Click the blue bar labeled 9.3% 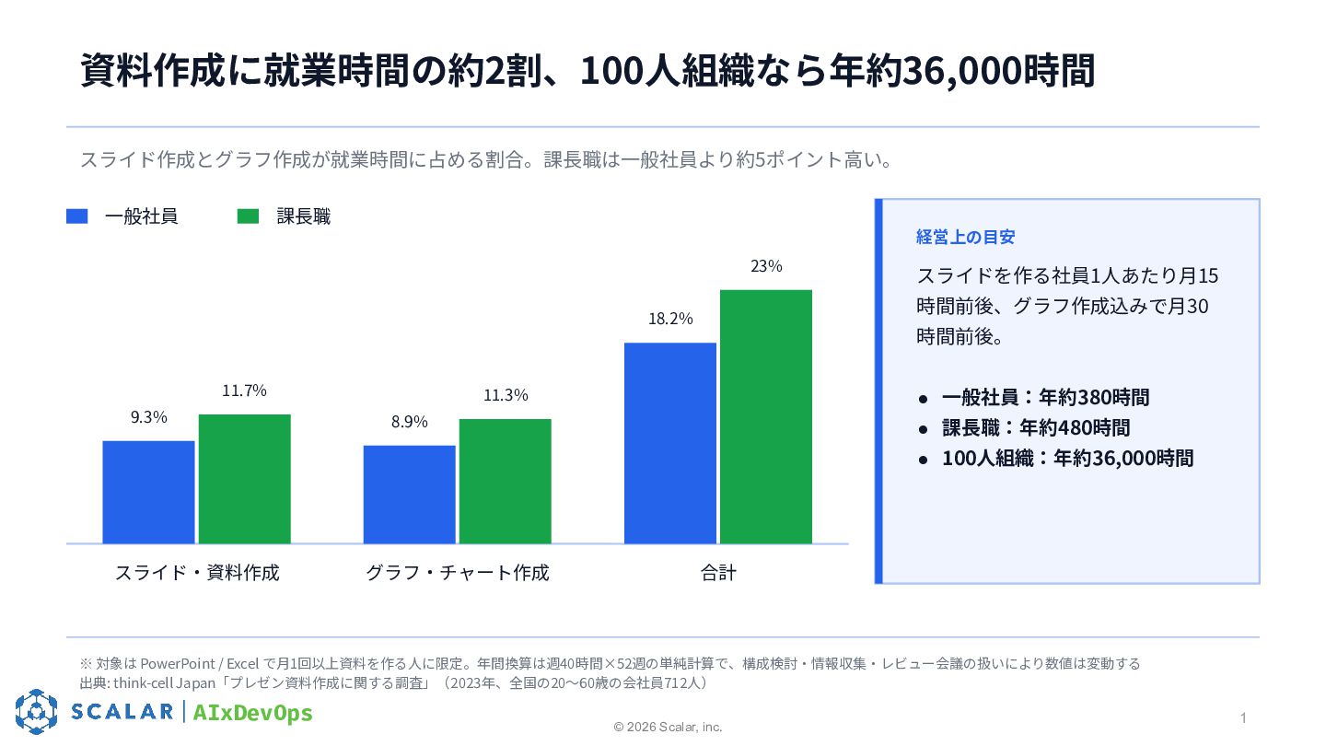click(148, 492)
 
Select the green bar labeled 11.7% click(245, 479)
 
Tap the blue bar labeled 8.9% click(410, 495)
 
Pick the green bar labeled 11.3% click(506, 482)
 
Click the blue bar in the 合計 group click(670, 443)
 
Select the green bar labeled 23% click(766, 417)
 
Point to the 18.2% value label click(670, 319)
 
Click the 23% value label click(766, 266)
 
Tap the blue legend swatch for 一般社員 click(77, 216)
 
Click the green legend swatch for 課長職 click(248, 216)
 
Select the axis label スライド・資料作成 click(197, 573)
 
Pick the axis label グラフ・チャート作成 click(458, 573)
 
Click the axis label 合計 click(718, 573)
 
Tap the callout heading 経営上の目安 click(965, 237)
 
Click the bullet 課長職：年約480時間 click(1036, 427)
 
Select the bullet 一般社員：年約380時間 click(1045, 397)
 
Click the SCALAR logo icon click(37, 712)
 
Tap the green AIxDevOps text click(252, 712)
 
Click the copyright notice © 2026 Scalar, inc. click(668, 727)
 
